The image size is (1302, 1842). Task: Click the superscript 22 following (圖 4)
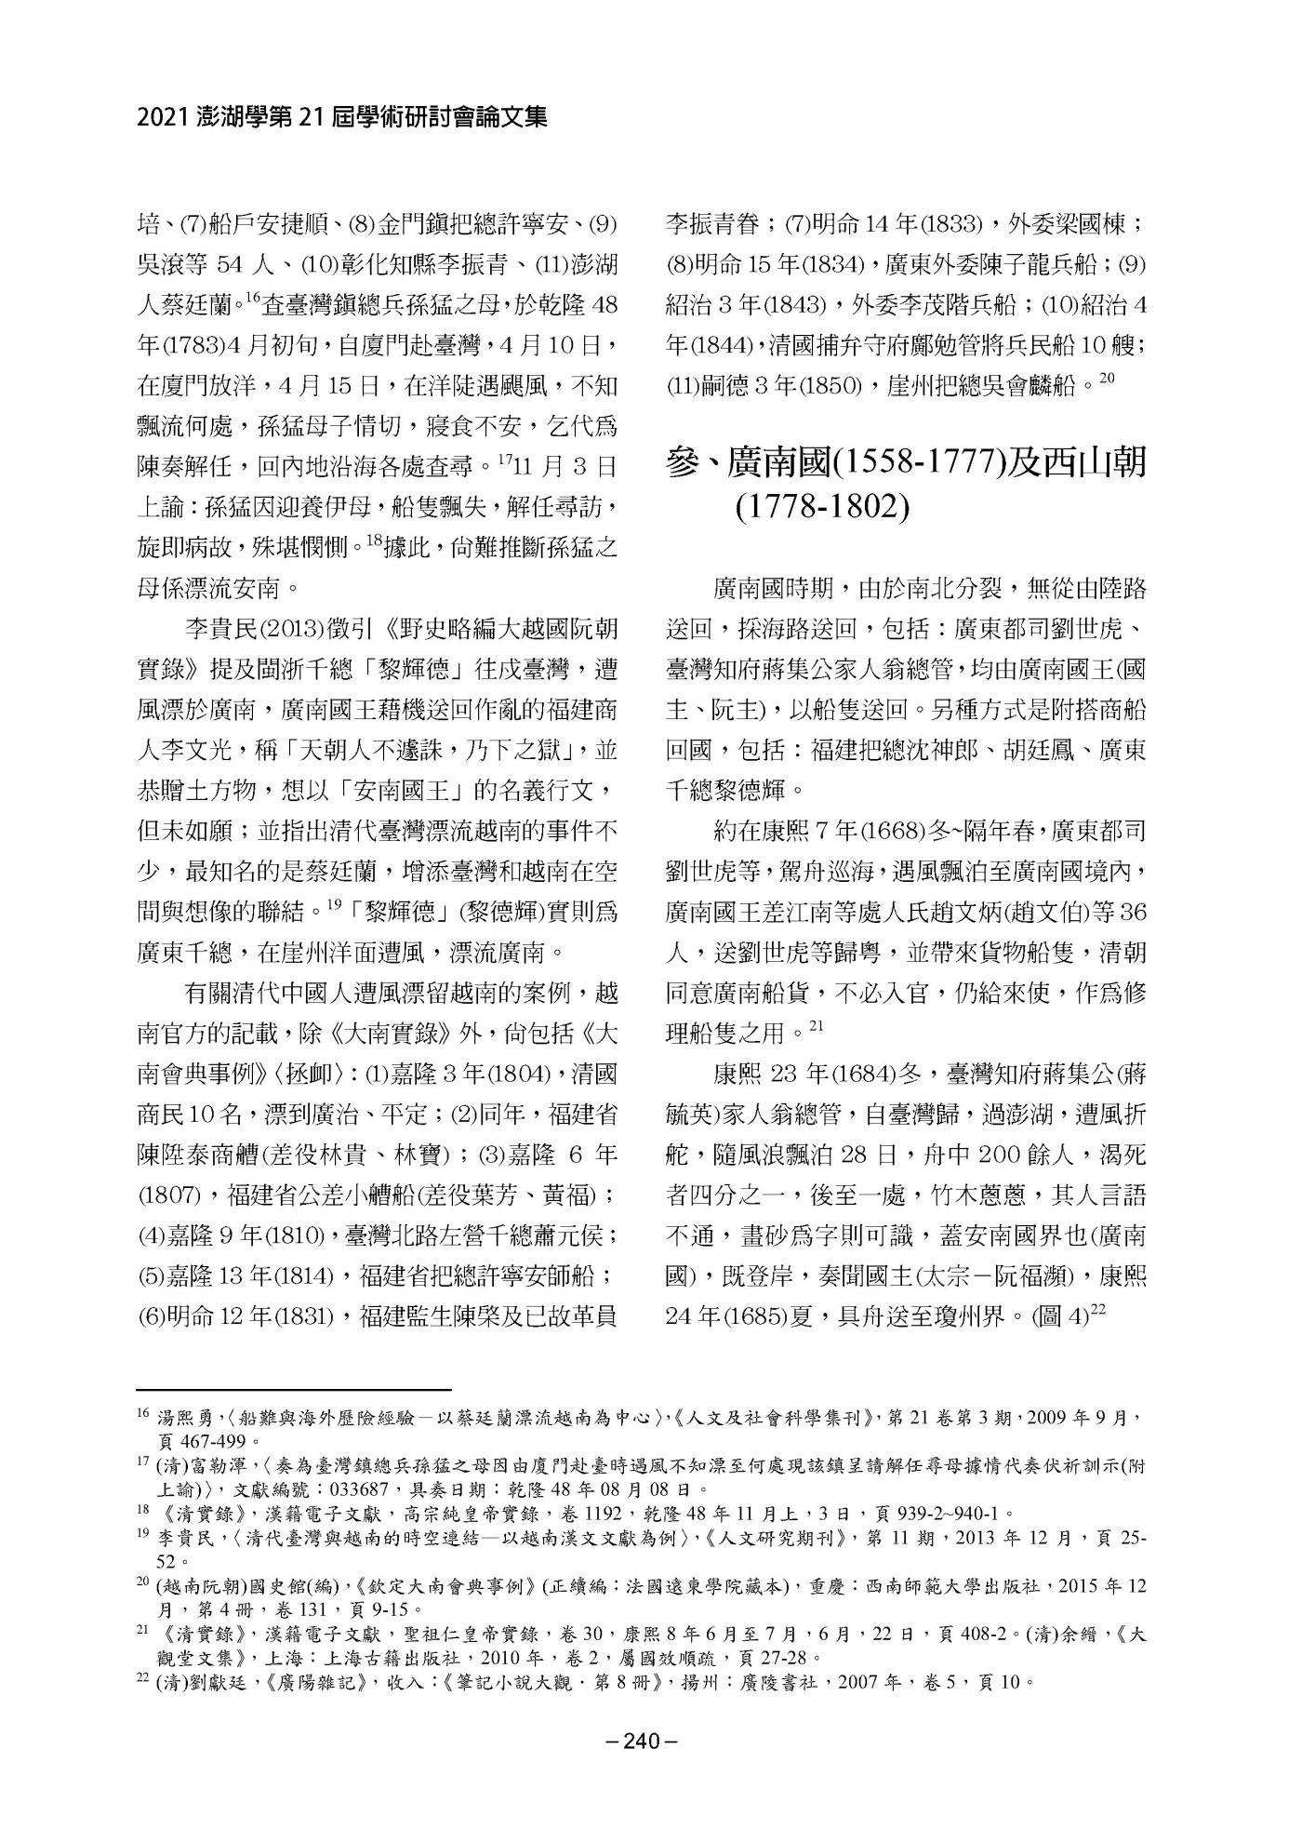tap(1096, 1309)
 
